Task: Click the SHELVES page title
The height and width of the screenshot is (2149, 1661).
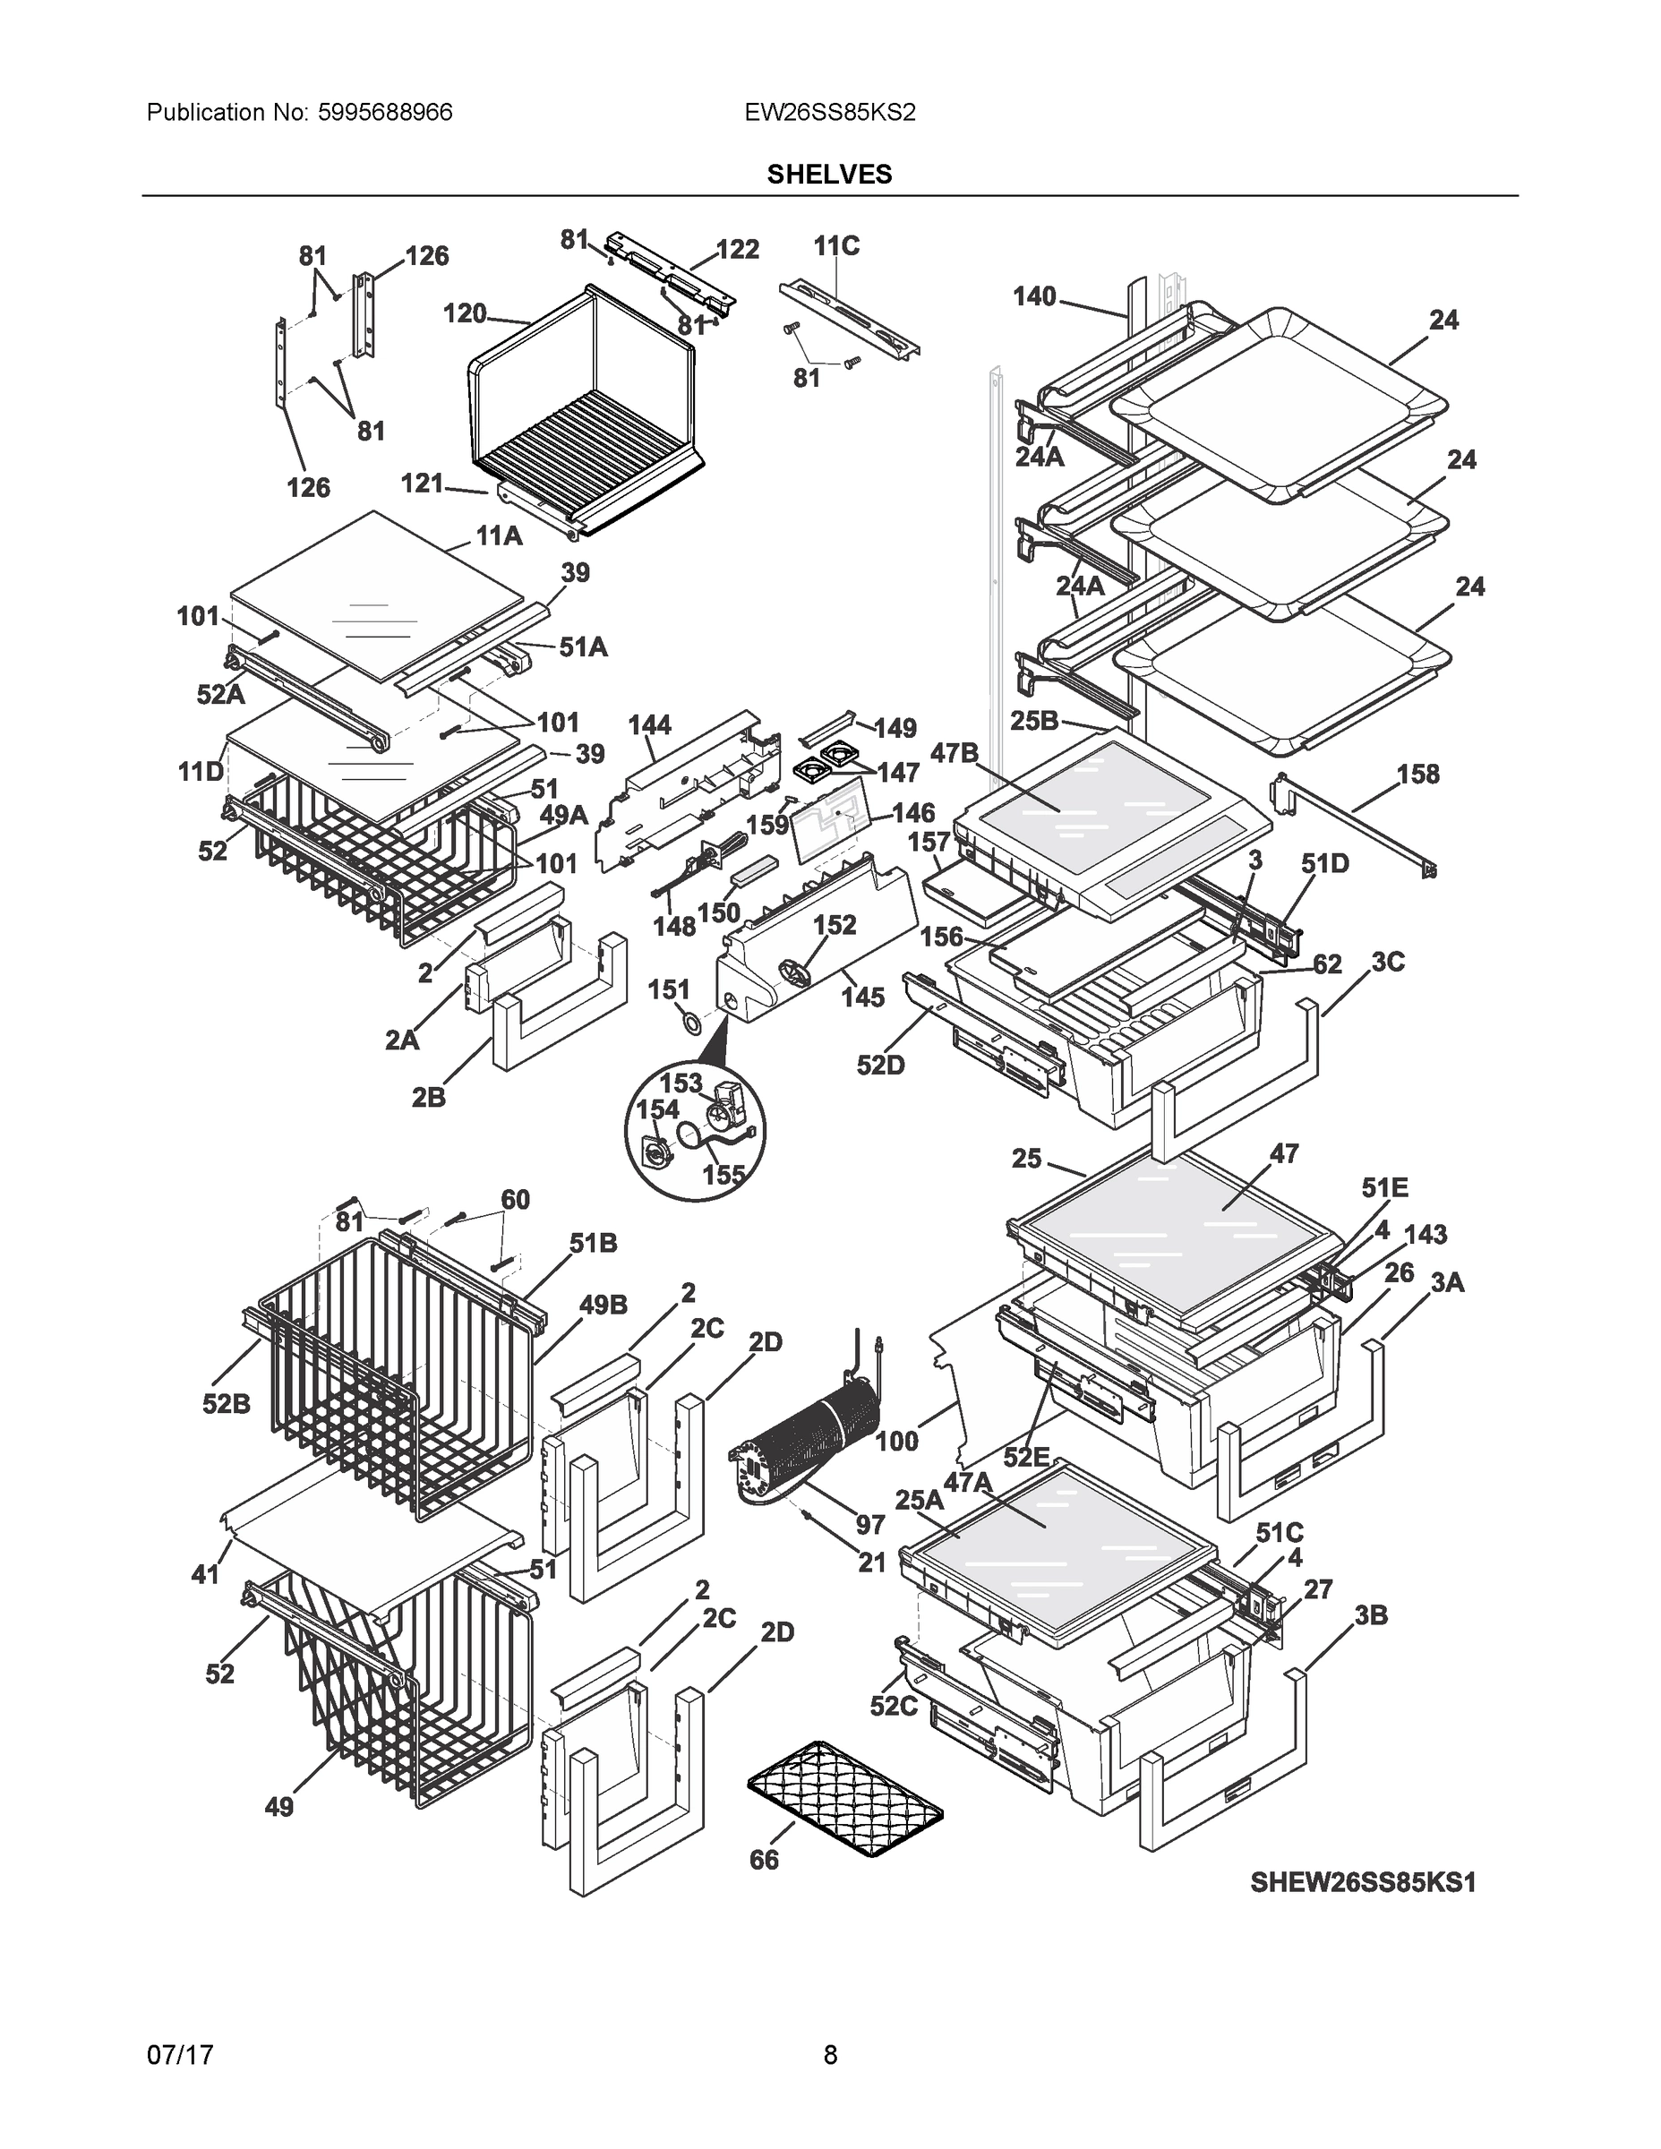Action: [828, 175]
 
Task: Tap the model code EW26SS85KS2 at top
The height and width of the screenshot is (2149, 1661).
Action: [829, 112]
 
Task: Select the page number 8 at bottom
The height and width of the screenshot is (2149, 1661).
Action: [829, 2055]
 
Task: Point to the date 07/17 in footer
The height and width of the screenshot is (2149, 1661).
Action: [180, 2055]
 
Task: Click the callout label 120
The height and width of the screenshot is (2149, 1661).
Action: [465, 314]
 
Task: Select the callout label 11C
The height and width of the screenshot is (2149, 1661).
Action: [836, 246]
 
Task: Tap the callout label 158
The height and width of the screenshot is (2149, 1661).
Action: [1418, 775]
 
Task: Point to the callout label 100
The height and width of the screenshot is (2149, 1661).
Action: [896, 1442]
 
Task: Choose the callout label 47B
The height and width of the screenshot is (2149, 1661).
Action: [955, 753]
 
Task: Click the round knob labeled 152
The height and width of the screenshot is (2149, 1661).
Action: [796, 976]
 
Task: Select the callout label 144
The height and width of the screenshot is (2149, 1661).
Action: [649, 725]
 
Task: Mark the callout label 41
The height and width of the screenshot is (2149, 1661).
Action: [205, 1574]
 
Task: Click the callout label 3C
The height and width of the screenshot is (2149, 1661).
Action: [1387, 963]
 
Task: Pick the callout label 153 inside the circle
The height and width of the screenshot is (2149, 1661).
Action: [680, 1083]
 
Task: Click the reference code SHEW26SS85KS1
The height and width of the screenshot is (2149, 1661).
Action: [1363, 1882]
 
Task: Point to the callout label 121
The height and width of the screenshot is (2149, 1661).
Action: [422, 484]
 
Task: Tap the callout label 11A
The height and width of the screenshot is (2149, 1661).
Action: [499, 536]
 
